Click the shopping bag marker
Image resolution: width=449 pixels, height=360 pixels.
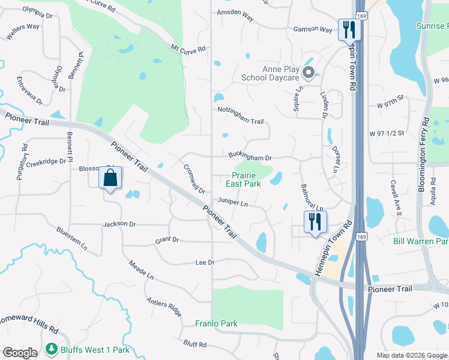[x=110, y=178]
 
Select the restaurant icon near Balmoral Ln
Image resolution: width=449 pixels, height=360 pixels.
[x=314, y=221]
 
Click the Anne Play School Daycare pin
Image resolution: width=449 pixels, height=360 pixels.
[x=309, y=73]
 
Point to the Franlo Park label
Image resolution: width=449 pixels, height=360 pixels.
[x=217, y=323]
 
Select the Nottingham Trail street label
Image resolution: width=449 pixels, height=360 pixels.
[x=241, y=121]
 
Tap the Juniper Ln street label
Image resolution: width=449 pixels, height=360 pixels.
[x=233, y=203]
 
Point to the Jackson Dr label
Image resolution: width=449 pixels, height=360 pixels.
[x=119, y=224]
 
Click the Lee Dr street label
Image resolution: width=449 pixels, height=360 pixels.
[x=205, y=262]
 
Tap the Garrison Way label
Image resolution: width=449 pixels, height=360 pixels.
[x=313, y=29]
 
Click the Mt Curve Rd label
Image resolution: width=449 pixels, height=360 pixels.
[x=188, y=49]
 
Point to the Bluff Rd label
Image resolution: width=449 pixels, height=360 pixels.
[x=195, y=344]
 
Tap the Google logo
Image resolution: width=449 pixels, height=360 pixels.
[x=20, y=353]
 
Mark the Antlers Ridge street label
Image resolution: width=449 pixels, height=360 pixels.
[x=163, y=307]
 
